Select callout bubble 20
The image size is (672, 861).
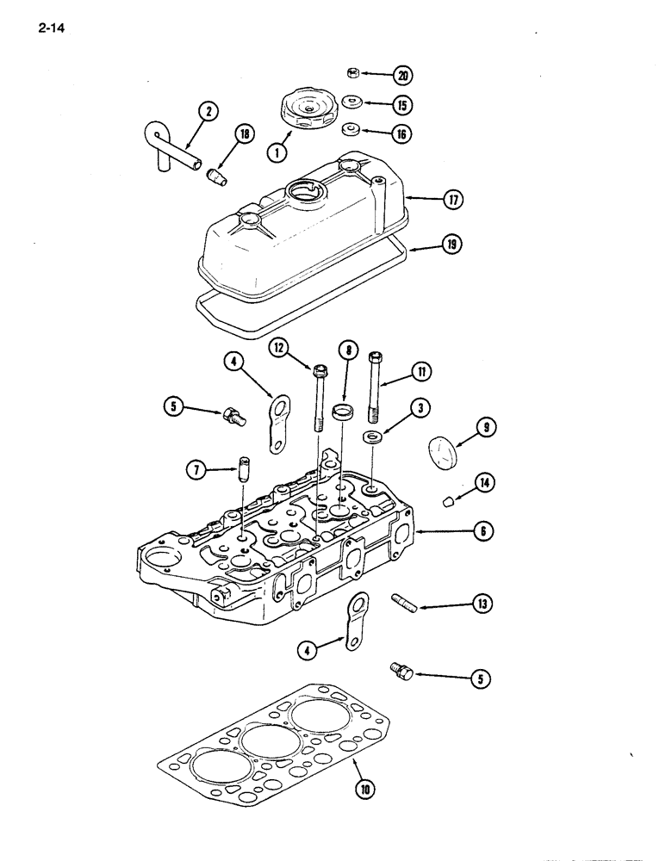click(x=401, y=75)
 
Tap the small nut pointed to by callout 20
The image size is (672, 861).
click(x=353, y=72)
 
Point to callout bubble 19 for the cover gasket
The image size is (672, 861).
click(x=451, y=245)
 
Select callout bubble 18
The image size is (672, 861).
click(x=245, y=134)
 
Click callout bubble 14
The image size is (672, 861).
click(x=483, y=484)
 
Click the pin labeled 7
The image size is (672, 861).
click(x=244, y=474)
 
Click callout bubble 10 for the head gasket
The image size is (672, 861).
click(x=363, y=787)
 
